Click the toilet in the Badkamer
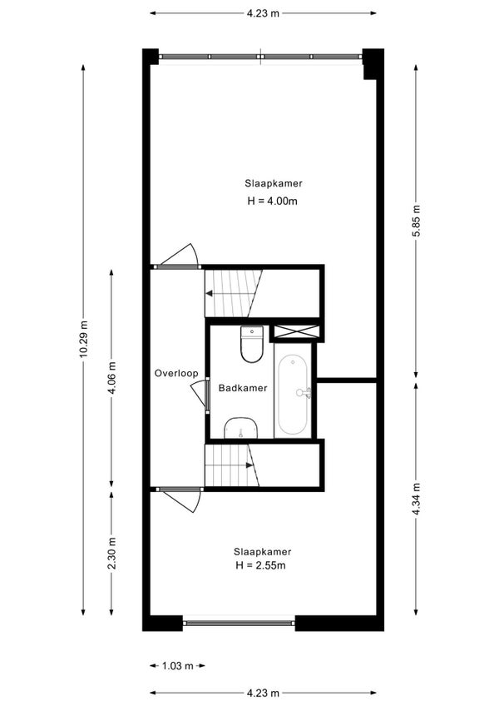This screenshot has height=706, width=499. pyautogui.click(x=251, y=344)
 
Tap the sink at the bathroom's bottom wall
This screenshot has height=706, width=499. pyautogui.click(x=240, y=428)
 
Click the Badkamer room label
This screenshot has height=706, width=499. pyautogui.click(x=243, y=388)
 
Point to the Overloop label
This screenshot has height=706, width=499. pyautogui.click(x=176, y=374)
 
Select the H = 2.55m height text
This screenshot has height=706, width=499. pyautogui.click(x=261, y=566)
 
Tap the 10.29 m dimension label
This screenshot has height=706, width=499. pyautogui.click(x=83, y=341)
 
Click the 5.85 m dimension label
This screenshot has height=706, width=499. pyautogui.click(x=416, y=221)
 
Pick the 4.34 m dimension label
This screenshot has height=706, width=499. pyautogui.click(x=416, y=499)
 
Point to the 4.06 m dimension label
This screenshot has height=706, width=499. pyautogui.click(x=112, y=377)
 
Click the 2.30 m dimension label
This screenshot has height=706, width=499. pyautogui.click(x=112, y=554)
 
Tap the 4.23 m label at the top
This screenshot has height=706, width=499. pyautogui.click(x=263, y=12)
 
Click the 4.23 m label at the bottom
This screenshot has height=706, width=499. pyautogui.click(x=263, y=693)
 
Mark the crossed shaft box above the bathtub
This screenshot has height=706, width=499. pyautogui.click(x=295, y=331)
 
